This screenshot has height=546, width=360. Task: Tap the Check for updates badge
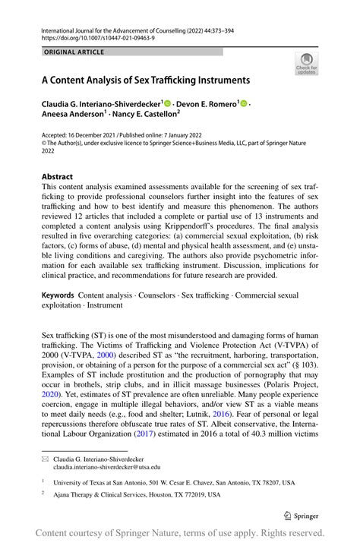tap(308, 64)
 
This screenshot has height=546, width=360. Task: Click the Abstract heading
tap(58, 176)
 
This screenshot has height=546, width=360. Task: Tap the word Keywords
tap(58, 294)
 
